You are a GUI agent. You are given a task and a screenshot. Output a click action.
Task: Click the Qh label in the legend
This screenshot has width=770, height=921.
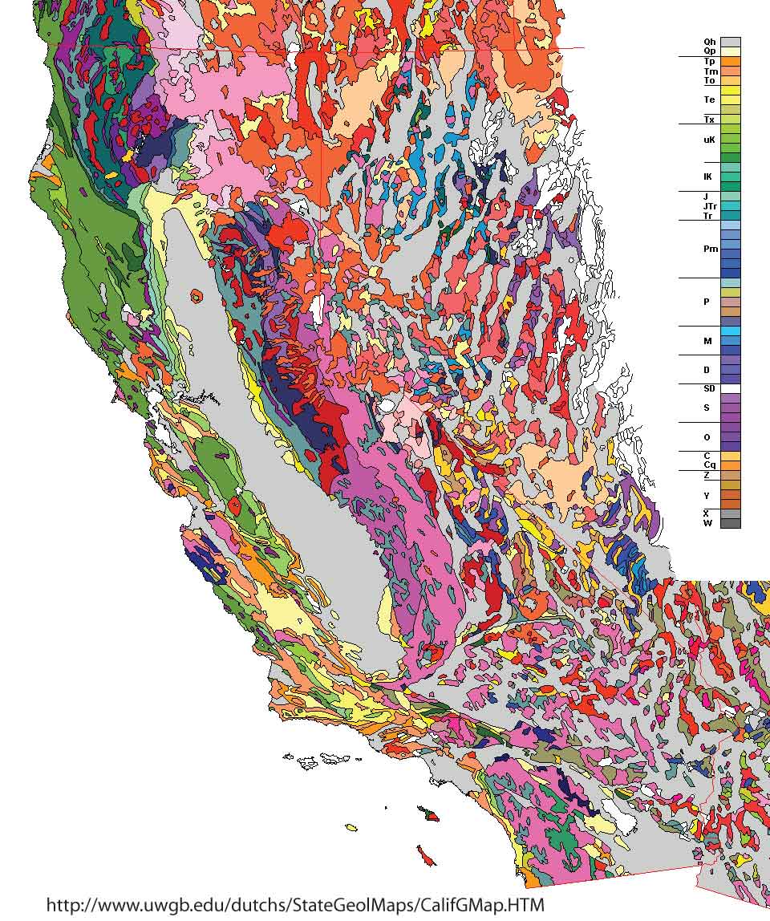[710, 42]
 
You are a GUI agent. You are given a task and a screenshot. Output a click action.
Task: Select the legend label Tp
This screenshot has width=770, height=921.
[710, 62]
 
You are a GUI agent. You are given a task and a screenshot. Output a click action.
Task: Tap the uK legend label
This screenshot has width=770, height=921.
[709, 140]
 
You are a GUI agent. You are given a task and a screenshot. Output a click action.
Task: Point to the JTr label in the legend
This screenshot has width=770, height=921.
[710, 206]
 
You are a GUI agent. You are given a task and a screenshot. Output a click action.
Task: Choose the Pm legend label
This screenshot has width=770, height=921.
[711, 249]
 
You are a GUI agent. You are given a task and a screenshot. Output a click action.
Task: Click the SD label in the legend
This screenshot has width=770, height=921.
[709, 388]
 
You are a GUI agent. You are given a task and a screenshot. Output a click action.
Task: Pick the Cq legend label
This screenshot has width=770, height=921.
[710, 465]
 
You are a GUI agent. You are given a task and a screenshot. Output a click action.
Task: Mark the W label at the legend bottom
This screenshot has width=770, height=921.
[708, 523]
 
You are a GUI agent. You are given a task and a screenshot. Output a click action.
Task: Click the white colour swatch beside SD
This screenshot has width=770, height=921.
[730, 388]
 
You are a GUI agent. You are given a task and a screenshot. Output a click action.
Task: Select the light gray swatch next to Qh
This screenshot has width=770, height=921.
[730, 42]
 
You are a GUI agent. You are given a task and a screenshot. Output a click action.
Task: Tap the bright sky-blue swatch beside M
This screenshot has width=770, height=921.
[730, 331]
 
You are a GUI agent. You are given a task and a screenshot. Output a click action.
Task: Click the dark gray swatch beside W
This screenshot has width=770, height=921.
[730, 523]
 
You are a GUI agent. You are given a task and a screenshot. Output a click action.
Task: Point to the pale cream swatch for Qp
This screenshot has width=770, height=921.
[730, 51]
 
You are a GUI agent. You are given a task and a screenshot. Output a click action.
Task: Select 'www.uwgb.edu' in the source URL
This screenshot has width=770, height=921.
[144, 905]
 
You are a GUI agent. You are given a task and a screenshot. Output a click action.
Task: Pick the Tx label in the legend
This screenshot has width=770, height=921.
[710, 120]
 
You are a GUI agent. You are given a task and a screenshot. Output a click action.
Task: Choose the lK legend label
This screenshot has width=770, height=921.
[709, 176]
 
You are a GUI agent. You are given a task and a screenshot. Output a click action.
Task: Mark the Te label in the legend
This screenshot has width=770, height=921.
[710, 100]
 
